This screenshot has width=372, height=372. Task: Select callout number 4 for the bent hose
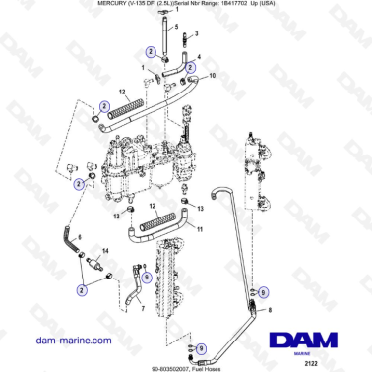(202, 57)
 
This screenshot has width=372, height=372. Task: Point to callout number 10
(216, 76)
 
